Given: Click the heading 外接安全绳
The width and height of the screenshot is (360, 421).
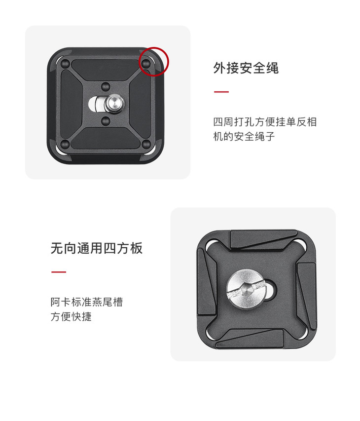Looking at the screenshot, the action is point(246,68).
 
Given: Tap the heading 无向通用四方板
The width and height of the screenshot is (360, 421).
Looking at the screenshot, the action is point(97,248).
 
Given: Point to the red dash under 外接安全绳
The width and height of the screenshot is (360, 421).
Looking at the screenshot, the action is point(221,92).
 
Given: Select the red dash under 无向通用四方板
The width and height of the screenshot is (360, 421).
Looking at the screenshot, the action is point(59,272).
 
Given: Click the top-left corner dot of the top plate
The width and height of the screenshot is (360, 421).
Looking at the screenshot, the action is point(66,64).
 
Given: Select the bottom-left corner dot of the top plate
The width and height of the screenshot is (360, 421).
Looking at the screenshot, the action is point(66,144).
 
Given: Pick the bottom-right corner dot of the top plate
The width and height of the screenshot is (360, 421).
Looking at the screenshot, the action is point(146,144).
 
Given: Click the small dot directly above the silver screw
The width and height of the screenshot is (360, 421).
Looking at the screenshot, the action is point(106,86).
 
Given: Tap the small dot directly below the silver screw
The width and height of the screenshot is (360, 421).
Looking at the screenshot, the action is point(106,121).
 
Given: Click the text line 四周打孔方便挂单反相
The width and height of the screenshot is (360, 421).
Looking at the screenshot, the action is point(265,122).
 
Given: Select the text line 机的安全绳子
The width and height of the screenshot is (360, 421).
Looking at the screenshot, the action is point(244,136).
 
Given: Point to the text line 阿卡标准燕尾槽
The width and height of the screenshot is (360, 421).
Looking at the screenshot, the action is point(87,302).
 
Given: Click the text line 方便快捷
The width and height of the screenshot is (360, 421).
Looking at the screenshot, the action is point(71,316).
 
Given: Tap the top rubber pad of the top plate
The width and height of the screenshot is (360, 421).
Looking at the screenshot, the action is point(106,69).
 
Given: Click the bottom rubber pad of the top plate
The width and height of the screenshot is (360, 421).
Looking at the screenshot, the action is point(106,138).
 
